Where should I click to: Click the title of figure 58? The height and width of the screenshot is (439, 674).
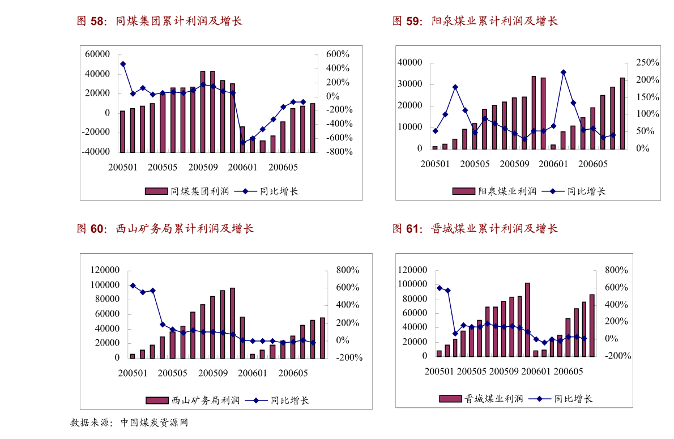(x=160, y=22)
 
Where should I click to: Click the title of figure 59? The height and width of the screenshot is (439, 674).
(x=475, y=22)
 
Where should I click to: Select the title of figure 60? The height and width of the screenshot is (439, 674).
(x=165, y=229)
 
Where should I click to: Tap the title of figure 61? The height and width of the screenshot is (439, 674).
(x=475, y=229)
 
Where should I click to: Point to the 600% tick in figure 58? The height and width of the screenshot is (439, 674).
(x=336, y=54)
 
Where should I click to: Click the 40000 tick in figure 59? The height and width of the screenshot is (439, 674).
(x=410, y=62)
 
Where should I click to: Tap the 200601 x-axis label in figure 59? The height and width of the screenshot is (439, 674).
(x=553, y=164)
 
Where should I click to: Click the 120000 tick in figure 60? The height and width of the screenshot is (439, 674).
(x=105, y=270)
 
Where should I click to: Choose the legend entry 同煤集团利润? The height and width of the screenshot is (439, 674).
(x=187, y=191)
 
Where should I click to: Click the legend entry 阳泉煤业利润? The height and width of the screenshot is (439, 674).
(x=494, y=191)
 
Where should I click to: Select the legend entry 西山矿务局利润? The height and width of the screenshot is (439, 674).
(x=193, y=400)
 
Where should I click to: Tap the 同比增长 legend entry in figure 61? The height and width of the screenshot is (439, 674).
(x=561, y=399)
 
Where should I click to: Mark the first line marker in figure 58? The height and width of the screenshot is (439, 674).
(x=123, y=64)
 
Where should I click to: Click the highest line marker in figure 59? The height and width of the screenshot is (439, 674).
(x=563, y=73)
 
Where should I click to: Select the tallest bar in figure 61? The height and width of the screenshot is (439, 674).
(x=527, y=319)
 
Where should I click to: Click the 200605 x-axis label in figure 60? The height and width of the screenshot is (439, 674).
(x=293, y=373)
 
